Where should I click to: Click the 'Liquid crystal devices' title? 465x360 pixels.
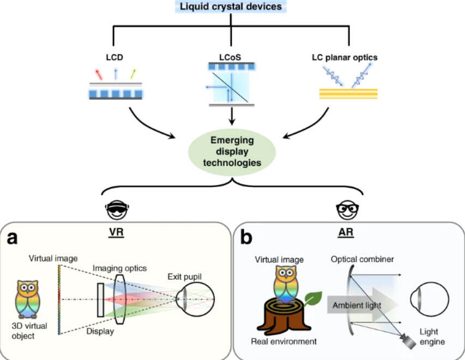[x=232, y=7]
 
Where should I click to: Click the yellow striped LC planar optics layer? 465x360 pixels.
[x=347, y=93]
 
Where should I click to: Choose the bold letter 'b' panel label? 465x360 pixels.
[x=246, y=238]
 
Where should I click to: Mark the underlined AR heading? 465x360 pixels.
[x=347, y=231]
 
